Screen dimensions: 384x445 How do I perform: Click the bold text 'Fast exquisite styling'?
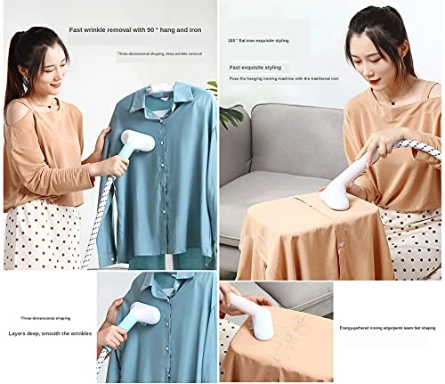tap(255, 67)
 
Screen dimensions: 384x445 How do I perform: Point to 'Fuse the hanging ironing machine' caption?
tap(284, 78)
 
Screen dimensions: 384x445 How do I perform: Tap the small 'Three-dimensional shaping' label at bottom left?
tap(46, 317)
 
